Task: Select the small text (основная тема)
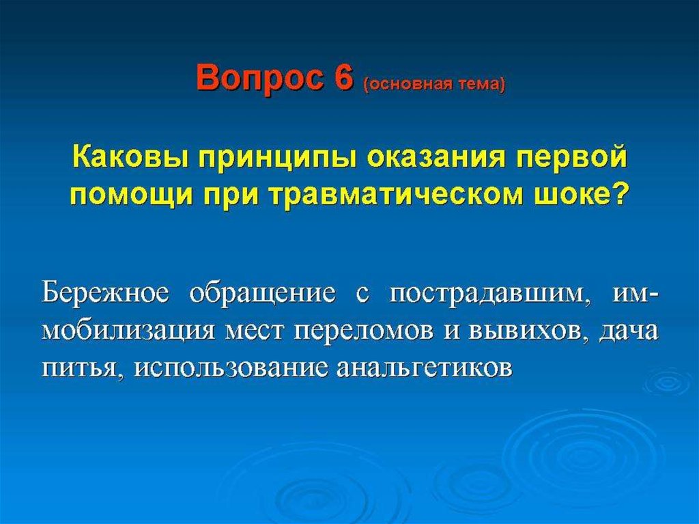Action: [x=434, y=84]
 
